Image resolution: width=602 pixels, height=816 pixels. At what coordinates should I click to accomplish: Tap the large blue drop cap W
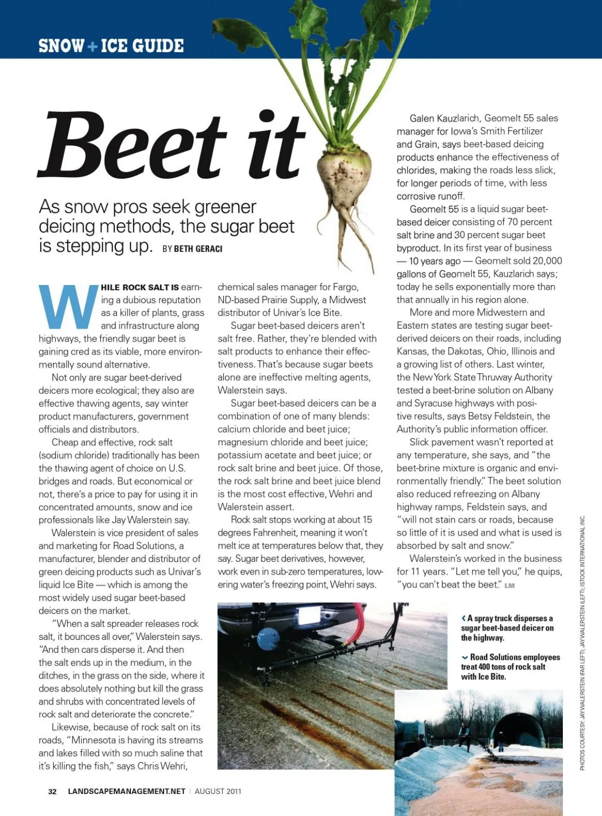click(x=68, y=307)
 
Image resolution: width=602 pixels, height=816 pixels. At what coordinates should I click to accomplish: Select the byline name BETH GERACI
click(x=198, y=249)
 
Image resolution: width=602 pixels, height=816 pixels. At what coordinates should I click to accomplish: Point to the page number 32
click(x=52, y=791)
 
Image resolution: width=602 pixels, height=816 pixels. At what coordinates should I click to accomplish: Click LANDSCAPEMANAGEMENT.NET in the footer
click(x=126, y=791)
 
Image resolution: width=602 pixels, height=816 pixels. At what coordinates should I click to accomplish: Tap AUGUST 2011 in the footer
click(x=218, y=791)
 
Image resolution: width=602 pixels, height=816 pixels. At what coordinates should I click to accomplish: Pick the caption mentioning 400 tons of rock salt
click(x=510, y=666)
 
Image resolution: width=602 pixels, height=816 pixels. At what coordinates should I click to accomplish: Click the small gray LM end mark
click(x=509, y=585)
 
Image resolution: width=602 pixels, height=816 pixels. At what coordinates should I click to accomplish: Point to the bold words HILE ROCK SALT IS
click(x=139, y=288)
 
